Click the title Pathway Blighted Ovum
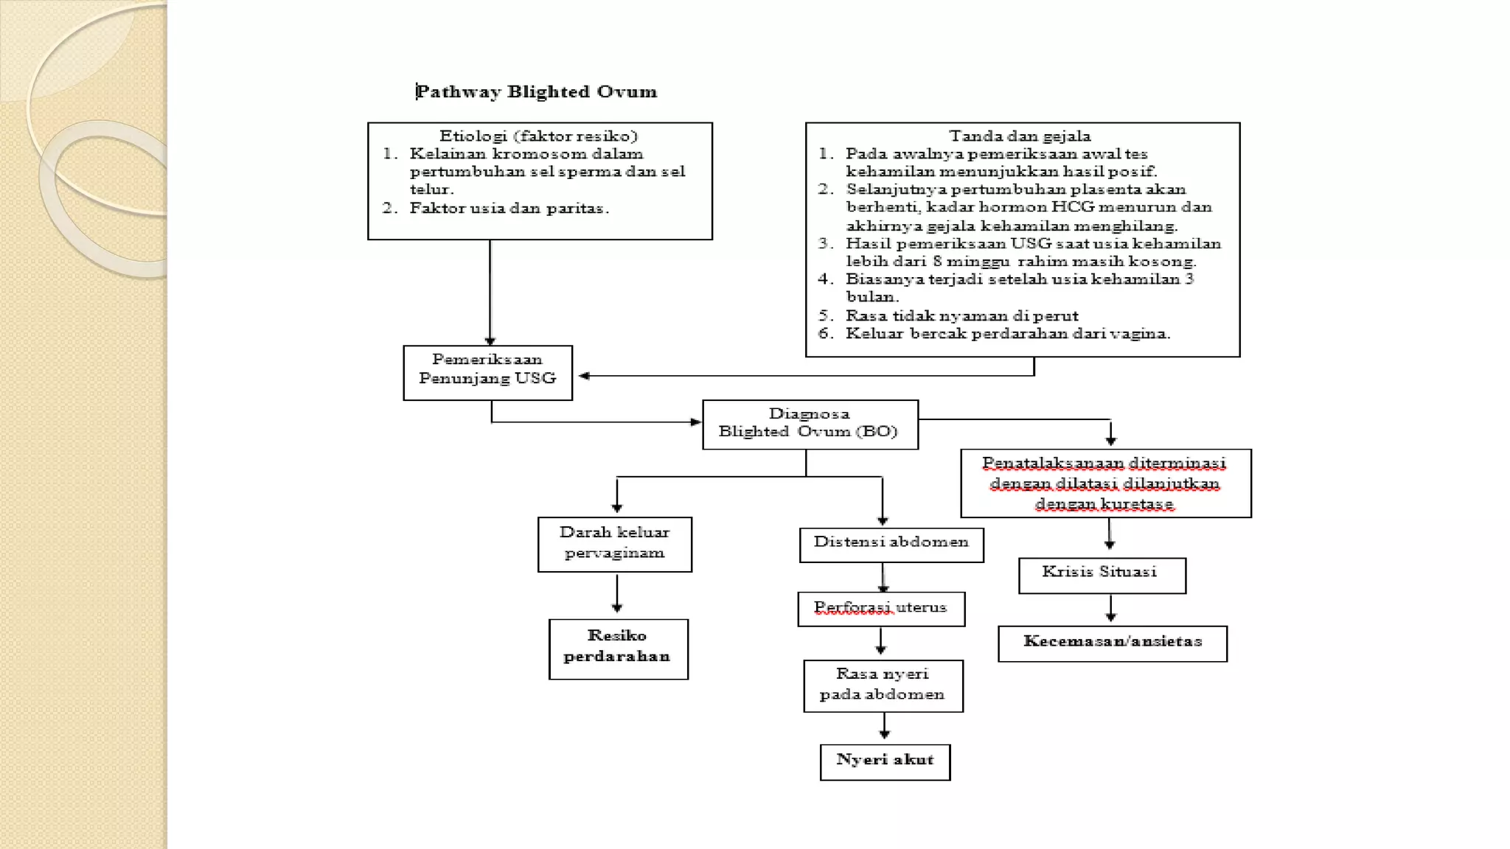tap(537, 91)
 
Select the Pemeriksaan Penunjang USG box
tap(487, 372)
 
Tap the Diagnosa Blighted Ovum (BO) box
tap(810, 424)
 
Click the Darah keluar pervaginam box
tap(614, 544)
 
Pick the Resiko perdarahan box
tap(618, 649)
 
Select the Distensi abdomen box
tap(891, 544)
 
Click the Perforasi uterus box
tap(880, 609)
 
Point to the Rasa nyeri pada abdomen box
tap(883, 685)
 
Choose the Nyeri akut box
tap(885, 761)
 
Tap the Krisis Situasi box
tap(1102, 575)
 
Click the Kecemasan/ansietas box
tap(1112, 643)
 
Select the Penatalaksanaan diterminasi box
tap(1104, 483)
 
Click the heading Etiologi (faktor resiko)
tap(538, 136)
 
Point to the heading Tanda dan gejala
tap(1020, 136)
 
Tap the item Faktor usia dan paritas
tap(509, 209)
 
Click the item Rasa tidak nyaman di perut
tap(961, 316)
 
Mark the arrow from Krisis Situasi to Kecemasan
tap(1110, 609)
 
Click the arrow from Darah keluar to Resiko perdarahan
tap(617, 594)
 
